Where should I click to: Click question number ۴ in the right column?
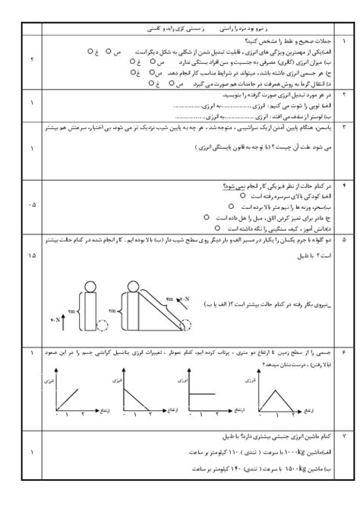click(343, 186)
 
